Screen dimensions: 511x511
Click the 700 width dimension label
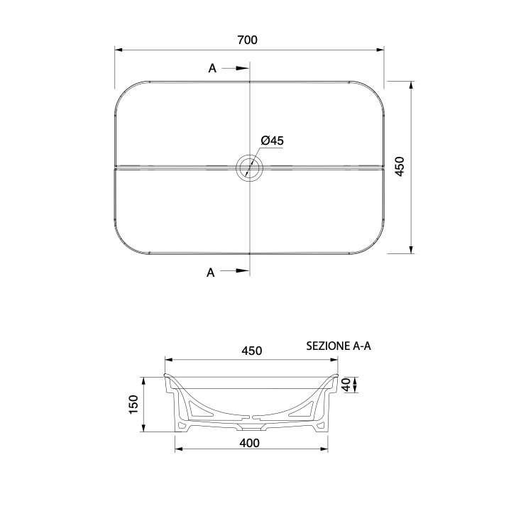[x=248, y=40]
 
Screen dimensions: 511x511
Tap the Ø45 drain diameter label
[x=272, y=141]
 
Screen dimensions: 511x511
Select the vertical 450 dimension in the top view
[x=400, y=167]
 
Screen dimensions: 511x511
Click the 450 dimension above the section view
[x=251, y=351]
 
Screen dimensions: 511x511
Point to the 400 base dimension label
[x=250, y=443]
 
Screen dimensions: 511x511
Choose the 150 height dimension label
[x=133, y=405]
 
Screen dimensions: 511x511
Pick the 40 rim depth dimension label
[x=346, y=385]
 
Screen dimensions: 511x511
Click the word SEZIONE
[x=328, y=346]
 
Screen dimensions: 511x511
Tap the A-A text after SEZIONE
[x=362, y=346]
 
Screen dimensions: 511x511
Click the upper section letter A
[x=212, y=68]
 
